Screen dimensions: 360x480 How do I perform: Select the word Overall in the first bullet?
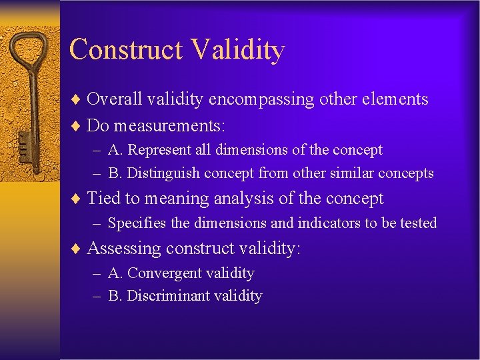point(114,99)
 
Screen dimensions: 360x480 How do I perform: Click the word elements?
point(393,99)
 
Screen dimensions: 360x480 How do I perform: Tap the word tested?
point(418,223)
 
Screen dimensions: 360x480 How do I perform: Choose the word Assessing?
point(123,249)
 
